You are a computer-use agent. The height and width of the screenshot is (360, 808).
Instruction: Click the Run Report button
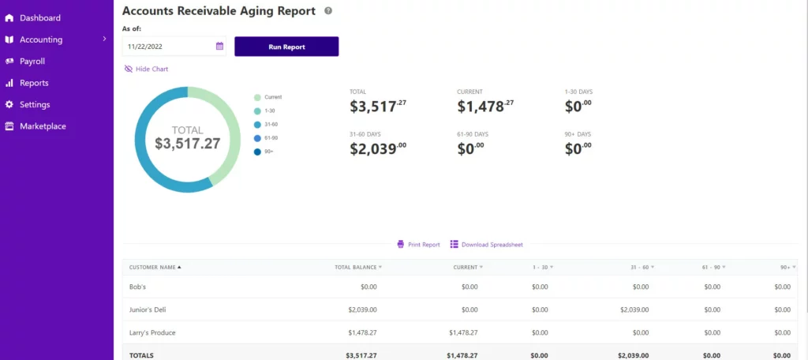(x=286, y=47)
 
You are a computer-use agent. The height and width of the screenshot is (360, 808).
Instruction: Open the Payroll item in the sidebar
(x=32, y=62)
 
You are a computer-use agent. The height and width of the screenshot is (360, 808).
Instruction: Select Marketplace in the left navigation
(x=43, y=126)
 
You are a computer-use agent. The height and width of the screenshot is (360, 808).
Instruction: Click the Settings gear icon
(x=9, y=105)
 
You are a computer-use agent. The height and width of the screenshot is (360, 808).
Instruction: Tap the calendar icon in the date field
(x=219, y=46)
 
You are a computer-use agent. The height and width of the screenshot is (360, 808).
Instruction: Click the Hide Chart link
(x=146, y=69)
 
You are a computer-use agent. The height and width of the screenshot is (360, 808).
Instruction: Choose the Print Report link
(x=418, y=245)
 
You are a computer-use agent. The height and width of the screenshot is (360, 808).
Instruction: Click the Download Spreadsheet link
(x=486, y=245)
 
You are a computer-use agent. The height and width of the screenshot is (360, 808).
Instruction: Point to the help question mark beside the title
(x=328, y=11)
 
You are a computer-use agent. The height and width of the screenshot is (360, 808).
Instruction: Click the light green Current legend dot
(x=258, y=97)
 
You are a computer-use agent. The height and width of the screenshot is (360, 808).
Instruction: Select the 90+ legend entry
(x=264, y=152)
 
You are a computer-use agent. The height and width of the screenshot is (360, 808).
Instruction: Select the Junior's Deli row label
(x=148, y=310)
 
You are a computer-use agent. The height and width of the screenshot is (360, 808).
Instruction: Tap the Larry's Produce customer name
(x=152, y=333)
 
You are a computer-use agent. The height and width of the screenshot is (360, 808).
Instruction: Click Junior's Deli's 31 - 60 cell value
(x=634, y=310)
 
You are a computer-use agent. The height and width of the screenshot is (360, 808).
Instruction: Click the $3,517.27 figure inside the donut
(x=188, y=144)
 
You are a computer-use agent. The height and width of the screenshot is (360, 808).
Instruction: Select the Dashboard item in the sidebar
(x=33, y=18)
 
